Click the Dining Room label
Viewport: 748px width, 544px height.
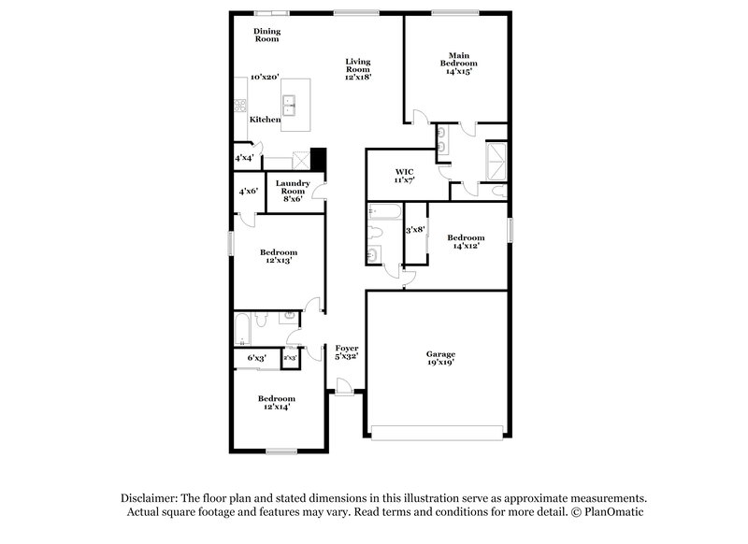coord(267,36)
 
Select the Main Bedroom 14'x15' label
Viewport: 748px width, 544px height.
coord(457,63)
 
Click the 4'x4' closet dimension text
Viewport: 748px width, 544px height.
coord(245,159)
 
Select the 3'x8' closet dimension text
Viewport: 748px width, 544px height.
coord(415,229)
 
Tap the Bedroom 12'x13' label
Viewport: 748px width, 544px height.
coord(279,256)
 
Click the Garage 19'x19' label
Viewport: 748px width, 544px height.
coord(441,359)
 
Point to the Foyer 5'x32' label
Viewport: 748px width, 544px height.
coord(347,352)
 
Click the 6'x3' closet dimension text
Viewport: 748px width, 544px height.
coord(256,358)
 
